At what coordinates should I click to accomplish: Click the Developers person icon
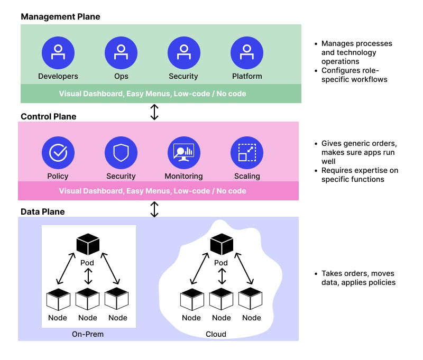coord(58,53)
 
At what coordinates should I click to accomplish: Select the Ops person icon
coord(121,53)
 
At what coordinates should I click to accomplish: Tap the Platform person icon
coord(247,53)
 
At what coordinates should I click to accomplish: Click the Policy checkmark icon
coord(58,153)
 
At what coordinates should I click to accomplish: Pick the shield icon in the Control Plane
coord(121,153)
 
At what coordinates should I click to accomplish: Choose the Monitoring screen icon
coord(184,153)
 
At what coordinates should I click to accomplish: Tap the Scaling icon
coord(247,153)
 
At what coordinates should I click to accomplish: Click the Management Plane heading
coord(60,17)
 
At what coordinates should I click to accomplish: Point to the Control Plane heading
coord(49,116)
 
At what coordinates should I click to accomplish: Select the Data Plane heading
coord(43,211)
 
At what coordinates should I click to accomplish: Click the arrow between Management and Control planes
coord(154,112)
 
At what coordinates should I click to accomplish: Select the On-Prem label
coord(88,334)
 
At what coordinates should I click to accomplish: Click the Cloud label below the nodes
coord(216,334)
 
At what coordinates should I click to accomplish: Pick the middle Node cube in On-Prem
coord(88,299)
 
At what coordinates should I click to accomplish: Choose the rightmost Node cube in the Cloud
coord(251,299)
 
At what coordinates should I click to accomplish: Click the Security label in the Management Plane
coord(183,76)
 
